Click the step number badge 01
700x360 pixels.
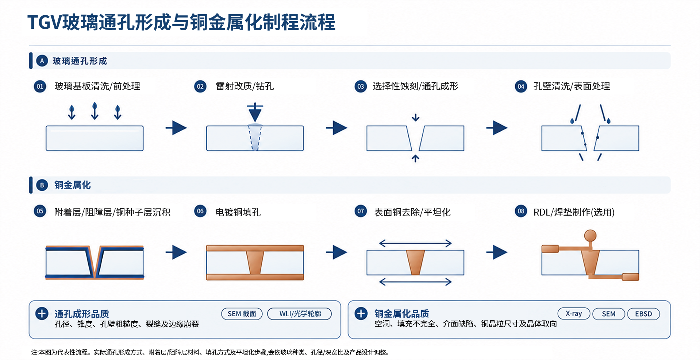[40, 86]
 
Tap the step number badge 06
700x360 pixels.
[200, 211]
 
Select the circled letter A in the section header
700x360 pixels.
[42, 61]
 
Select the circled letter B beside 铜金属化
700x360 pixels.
[42, 185]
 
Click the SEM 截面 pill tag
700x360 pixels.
[242, 314]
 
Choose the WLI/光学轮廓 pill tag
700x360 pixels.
[300, 314]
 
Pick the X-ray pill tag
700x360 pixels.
[574, 313]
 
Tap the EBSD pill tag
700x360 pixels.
[643, 314]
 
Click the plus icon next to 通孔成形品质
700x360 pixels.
[42, 313]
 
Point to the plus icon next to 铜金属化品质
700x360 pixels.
[361, 313]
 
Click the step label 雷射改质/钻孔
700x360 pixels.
[245, 86]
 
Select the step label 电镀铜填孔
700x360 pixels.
[238, 212]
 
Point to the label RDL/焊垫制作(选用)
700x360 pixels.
[574, 212]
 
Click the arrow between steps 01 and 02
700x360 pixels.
[176, 128]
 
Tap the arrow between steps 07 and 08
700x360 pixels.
[497, 252]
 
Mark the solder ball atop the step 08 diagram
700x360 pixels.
[590, 236]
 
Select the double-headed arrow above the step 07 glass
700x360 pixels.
[415, 243]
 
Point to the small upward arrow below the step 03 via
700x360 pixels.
[415, 158]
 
